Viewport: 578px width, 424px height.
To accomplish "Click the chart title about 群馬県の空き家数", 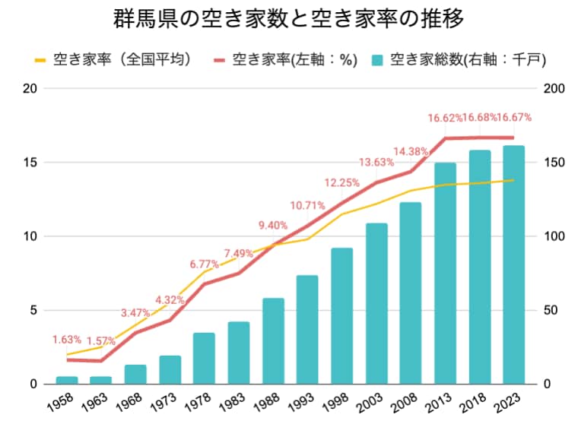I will [x=288, y=19].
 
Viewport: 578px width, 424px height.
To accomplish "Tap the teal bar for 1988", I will [x=273, y=341].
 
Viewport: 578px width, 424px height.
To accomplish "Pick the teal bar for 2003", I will [x=376, y=303].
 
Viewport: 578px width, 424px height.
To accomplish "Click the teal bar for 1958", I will [x=67, y=380].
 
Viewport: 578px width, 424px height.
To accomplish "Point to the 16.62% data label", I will [x=445, y=118].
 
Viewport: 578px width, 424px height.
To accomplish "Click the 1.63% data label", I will [x=66, y=340].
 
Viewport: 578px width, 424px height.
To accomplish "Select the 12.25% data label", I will [x=341, y=182].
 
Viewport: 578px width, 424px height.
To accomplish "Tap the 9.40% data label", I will [x=273, y=225].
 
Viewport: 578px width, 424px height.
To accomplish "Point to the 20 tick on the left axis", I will [x=30, y=88].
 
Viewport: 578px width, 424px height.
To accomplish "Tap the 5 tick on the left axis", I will [x=33, y=310].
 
